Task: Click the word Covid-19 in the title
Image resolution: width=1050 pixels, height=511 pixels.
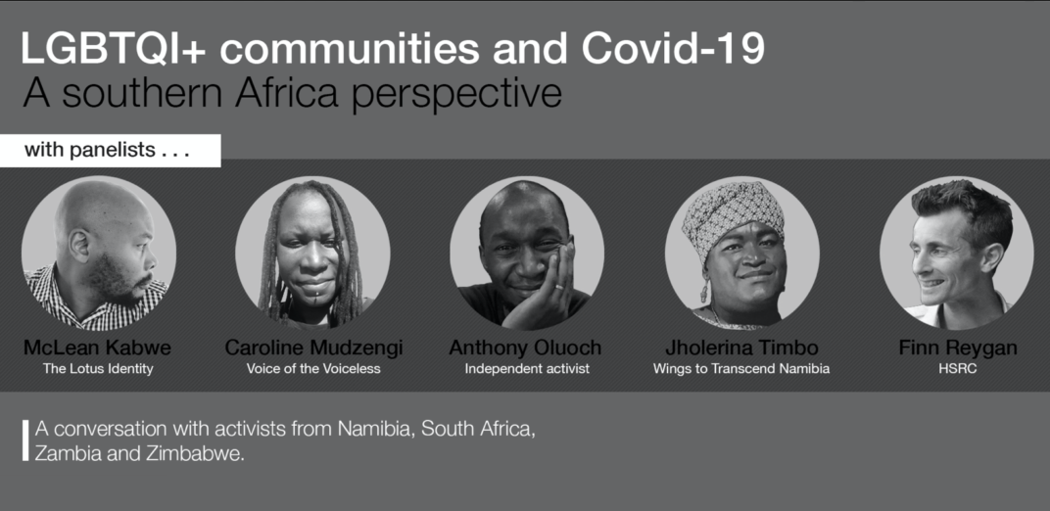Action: click(673, 48)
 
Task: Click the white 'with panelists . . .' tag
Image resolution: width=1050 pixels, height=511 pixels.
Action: click(110, 151)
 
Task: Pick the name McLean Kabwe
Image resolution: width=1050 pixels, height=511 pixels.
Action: click(97, 348)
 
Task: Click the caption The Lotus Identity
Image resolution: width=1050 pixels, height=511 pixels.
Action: click(98, 368)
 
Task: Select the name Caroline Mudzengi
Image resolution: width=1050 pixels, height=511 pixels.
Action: click(313, 348)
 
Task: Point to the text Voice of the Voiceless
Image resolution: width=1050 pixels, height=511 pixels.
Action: click(313, 368)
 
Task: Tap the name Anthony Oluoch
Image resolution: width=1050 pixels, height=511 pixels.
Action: click(525, 348)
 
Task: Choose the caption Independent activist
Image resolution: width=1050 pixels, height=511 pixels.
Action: click(527, 368)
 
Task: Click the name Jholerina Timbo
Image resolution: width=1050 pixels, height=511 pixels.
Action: click(741, 348)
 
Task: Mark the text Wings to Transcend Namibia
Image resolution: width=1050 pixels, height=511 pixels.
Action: click(741, 368)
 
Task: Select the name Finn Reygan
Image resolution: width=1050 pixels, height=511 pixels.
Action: click(958, 348)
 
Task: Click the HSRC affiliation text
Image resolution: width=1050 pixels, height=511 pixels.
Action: click(958, 368)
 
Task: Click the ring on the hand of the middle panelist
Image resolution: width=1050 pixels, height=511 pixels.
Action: click(559, 287)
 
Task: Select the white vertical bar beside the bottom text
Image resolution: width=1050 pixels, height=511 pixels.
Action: click(25, 441)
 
